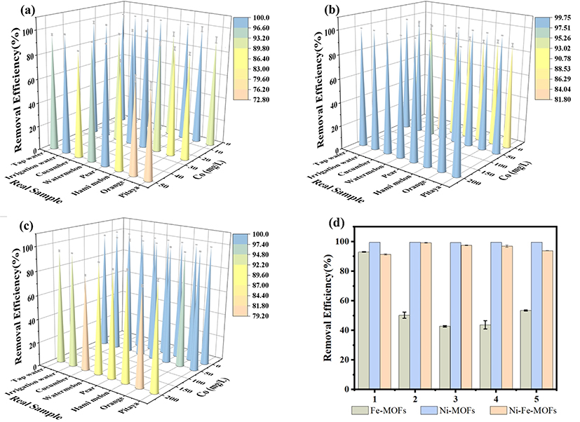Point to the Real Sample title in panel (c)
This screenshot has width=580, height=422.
(33, 401)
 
